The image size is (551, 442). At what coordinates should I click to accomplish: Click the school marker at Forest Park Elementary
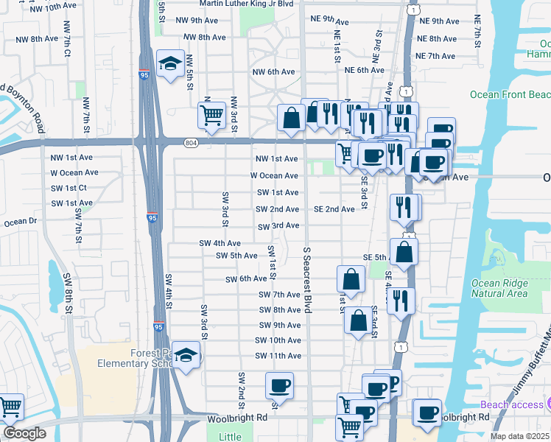coord(187,357)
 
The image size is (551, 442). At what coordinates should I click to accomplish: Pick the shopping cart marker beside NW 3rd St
coord(211,115)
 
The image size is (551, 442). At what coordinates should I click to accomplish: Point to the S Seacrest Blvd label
coord(306,280)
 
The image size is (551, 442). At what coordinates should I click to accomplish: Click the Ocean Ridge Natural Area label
coord(499,288)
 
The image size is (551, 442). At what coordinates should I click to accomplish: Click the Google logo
coord(24,433)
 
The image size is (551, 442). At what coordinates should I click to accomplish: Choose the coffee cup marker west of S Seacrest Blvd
coord(280,386)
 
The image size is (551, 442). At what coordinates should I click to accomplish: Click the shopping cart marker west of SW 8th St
coord(10,407)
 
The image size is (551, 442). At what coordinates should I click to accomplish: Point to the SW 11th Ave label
coord(278,356)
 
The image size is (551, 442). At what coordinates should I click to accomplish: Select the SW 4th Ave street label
coord(220,243)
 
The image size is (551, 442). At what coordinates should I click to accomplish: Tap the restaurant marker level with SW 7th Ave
coord(401,300)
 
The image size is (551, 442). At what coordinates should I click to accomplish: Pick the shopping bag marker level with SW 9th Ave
coord(358,321)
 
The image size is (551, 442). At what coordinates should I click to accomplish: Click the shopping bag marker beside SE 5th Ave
coord(404,253)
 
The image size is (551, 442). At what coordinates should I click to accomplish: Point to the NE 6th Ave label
coord(365,70)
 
